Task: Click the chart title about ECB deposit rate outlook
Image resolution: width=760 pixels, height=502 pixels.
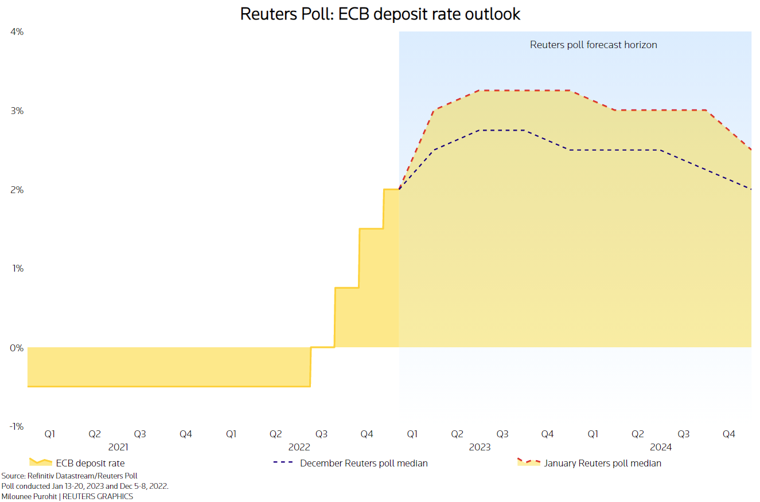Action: (x=380, y=14)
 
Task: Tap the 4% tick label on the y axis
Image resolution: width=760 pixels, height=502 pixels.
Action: (x=17, y=32)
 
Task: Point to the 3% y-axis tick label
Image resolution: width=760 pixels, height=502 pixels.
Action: (x=17, y=111)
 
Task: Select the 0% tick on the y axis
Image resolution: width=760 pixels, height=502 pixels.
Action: (x=17, y=348)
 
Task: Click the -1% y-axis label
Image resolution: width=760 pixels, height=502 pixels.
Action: (x=15, y=426)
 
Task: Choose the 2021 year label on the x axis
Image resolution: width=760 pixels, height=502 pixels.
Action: (x=118, y=447)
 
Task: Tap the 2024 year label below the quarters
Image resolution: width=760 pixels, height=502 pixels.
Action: (x=661, y=447)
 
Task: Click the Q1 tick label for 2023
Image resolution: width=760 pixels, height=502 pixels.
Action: (x=412, y=434)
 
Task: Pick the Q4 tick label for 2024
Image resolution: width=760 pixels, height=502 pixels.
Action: (x=728, y=434)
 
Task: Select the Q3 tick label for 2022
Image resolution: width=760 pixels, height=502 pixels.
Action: (x=321, y=434)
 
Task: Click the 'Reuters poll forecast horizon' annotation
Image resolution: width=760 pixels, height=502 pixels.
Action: (x=593, y=45)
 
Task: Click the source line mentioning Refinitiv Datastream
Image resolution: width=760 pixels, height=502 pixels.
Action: (x=69, y=476)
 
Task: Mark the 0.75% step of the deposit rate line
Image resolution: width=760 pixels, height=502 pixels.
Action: (x=346, y=288)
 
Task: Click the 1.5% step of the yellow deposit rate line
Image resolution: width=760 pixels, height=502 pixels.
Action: (x=371, y=229)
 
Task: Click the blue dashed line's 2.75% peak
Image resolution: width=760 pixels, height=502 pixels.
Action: (x=502, y=130)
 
